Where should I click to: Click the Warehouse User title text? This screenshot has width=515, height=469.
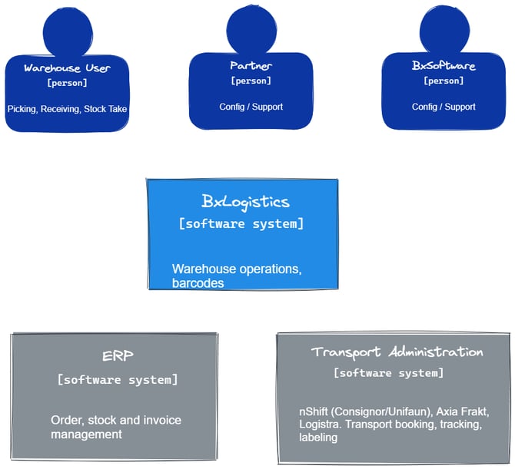click(67, 68)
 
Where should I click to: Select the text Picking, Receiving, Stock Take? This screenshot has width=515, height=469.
click(67, 110)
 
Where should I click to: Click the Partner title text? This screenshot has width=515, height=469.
click(251, 66)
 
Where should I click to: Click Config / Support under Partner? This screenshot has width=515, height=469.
click(251, 107)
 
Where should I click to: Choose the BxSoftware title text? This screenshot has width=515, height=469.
click(444, 66)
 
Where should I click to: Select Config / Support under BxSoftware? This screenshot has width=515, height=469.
click(444, 107)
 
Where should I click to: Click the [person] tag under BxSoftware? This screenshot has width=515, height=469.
click(444, 81)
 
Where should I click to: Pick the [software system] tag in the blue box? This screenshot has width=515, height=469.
click(241, 224)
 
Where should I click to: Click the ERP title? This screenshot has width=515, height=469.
click(118, 356)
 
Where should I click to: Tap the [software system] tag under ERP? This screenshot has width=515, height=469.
click(118, 379)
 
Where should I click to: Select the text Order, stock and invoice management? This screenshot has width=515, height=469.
click(115, 427)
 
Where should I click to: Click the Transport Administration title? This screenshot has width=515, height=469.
click(397, 352)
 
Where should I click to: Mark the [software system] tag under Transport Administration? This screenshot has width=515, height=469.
click(388, 373)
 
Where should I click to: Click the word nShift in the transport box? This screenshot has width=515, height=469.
click(314, 412)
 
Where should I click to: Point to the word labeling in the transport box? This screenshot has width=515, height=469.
click(318, 438)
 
